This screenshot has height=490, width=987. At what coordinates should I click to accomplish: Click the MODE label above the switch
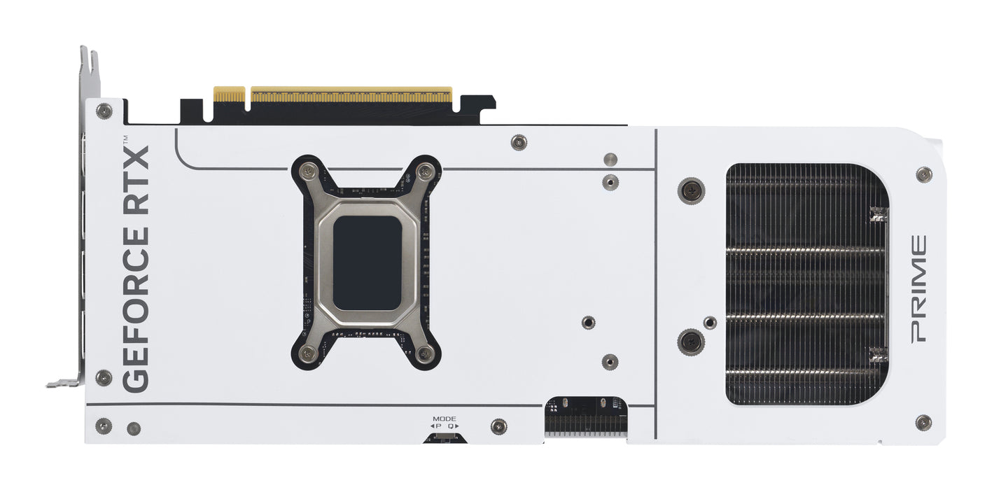(444, 419)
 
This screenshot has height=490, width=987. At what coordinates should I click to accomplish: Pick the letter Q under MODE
(451, 426)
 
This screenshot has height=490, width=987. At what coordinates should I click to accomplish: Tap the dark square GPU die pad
(367, 262)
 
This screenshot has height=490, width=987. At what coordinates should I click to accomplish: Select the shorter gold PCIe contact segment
(229, 94)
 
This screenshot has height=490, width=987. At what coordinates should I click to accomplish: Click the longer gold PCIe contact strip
(351, 94)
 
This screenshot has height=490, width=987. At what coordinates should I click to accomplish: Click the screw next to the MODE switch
(498, 426)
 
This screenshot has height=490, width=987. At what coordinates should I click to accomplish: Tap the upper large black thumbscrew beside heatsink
(691, 189)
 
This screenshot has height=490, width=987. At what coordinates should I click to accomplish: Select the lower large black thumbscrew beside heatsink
(691, 342)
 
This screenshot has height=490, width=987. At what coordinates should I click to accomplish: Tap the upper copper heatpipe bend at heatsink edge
(878, 214)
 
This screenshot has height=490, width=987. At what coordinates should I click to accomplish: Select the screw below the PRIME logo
(923, 422)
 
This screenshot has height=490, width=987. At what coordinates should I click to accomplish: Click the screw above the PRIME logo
(924, 174)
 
